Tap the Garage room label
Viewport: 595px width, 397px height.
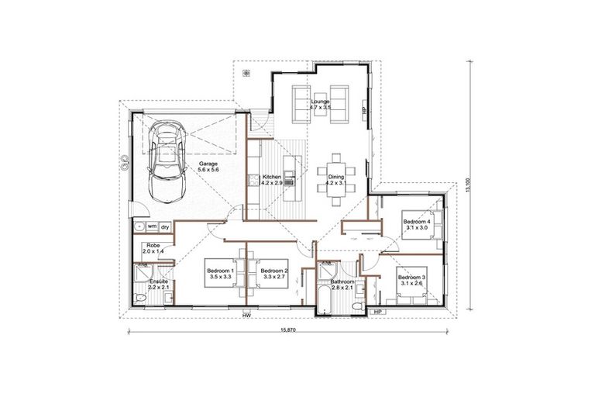pyautogui.click(x=208, y=167)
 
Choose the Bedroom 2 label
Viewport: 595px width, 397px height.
pyautogui.click(x=274, y=273)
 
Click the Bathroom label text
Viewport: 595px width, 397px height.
pyautogui.click(x=342, y=285)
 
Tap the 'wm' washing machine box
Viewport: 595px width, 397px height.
pyautogui.click(x=152, y=226)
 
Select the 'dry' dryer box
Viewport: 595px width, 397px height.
pyautogui.click(x=165, y=226)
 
